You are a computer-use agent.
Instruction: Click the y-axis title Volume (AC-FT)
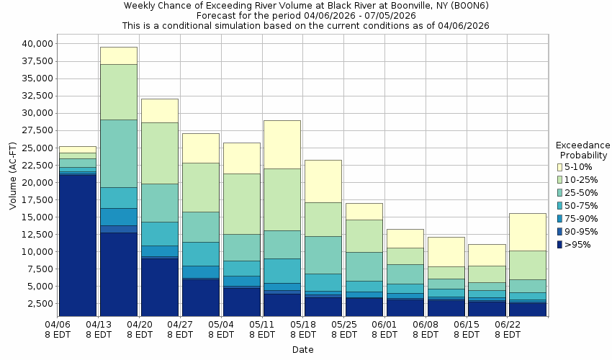[x=12, y=174]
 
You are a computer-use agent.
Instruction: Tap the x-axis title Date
[x=302, y=349]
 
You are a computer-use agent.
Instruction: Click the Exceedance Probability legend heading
[x=583, y=150]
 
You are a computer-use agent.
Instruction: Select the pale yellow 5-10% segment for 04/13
[x=119, y=55]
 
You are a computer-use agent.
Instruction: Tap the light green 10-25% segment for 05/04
[x=241, y=204]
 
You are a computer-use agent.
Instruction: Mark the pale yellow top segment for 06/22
[x=528, y=232]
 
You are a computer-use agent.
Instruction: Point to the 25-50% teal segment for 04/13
[x=119, y=153]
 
